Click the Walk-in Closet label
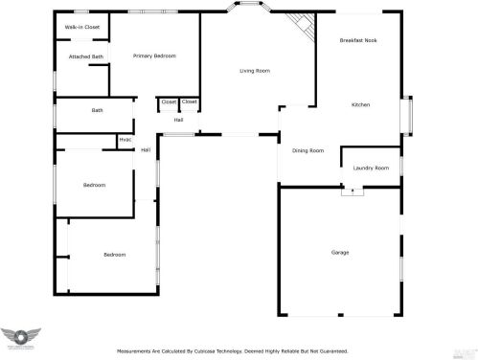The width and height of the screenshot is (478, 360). [x=82, y=28]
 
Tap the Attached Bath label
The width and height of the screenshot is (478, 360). [x=85, y=56]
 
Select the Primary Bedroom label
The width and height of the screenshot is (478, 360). [x=154, y=56]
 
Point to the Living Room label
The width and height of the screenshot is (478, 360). [x=255, y=71]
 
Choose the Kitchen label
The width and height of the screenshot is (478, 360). [x=360, y=104]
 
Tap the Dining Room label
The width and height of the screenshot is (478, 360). [x=307, y=150]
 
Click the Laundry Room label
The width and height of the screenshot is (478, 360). [x=370, y=169]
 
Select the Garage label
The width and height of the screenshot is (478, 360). [x=339, y=252]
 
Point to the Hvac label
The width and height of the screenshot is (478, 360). [x=125, y=141]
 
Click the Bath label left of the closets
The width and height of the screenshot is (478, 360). [x=97, y=110]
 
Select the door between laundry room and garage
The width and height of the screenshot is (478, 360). [x=353, y=190]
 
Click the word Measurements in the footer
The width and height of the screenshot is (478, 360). [x=135, y=351]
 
